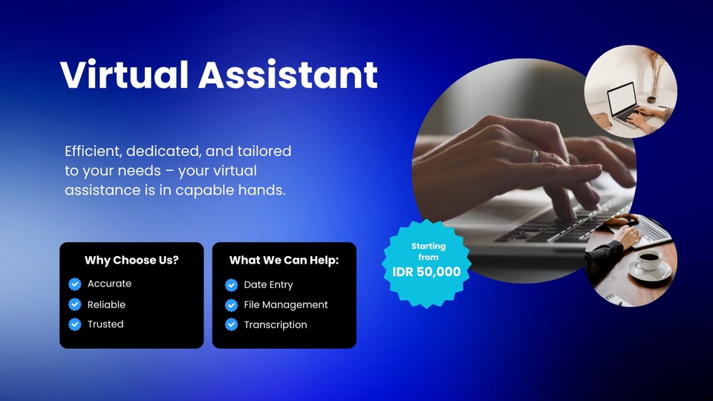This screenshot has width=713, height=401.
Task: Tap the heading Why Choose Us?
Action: click(131, 261)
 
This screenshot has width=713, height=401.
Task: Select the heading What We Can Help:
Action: click(284, 261)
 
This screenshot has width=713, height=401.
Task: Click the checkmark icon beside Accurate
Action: click(74, 284)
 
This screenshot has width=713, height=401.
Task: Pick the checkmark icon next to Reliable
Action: click(74, 304)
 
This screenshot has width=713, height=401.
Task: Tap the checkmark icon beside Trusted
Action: click(74, 325)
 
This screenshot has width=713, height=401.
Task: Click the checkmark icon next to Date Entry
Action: click(231, 285)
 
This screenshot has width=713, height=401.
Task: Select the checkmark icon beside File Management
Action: click(231, 305)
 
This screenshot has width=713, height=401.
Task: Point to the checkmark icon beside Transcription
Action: click(231, 325)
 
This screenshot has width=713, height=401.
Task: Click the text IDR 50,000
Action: click(426, 272)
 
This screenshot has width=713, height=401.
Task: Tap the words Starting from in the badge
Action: click(428, 252)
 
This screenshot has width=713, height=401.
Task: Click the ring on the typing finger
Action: click(535, 156)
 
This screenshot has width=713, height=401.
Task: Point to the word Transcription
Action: click(275, 325)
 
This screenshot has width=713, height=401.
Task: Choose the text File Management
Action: click(285, 304)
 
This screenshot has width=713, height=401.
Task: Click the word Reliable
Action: click(106, 304)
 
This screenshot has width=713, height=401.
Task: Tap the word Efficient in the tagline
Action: click(92, 151)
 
